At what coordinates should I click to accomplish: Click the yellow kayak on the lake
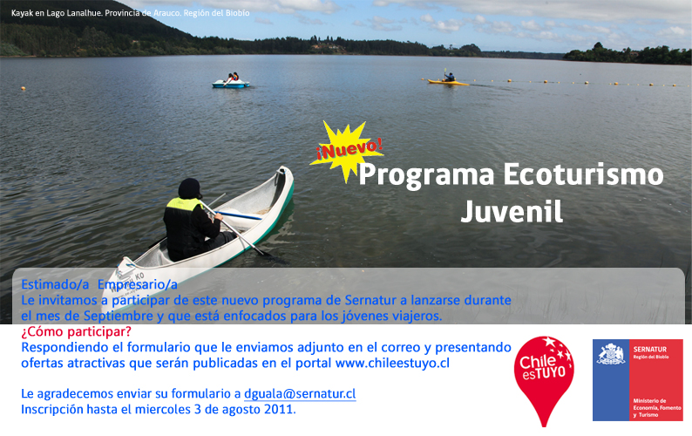447,82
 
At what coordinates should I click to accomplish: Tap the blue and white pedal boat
230,84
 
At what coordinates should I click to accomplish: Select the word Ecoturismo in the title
583,174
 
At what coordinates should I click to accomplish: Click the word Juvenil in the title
512,212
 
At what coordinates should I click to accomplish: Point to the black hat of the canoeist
190,188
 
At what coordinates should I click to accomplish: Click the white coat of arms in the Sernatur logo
611,354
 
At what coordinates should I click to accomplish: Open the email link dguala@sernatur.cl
300,393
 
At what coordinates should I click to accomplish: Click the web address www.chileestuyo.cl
392,363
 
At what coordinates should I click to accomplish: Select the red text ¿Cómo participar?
77,331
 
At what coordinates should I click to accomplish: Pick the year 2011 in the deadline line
278,410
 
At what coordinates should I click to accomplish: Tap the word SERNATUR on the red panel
650,349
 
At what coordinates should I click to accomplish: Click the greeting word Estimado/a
55,285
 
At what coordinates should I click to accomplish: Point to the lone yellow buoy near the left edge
23,89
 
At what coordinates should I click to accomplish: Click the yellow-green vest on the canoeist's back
184,204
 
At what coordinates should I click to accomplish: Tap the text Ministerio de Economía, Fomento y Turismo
656,408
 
